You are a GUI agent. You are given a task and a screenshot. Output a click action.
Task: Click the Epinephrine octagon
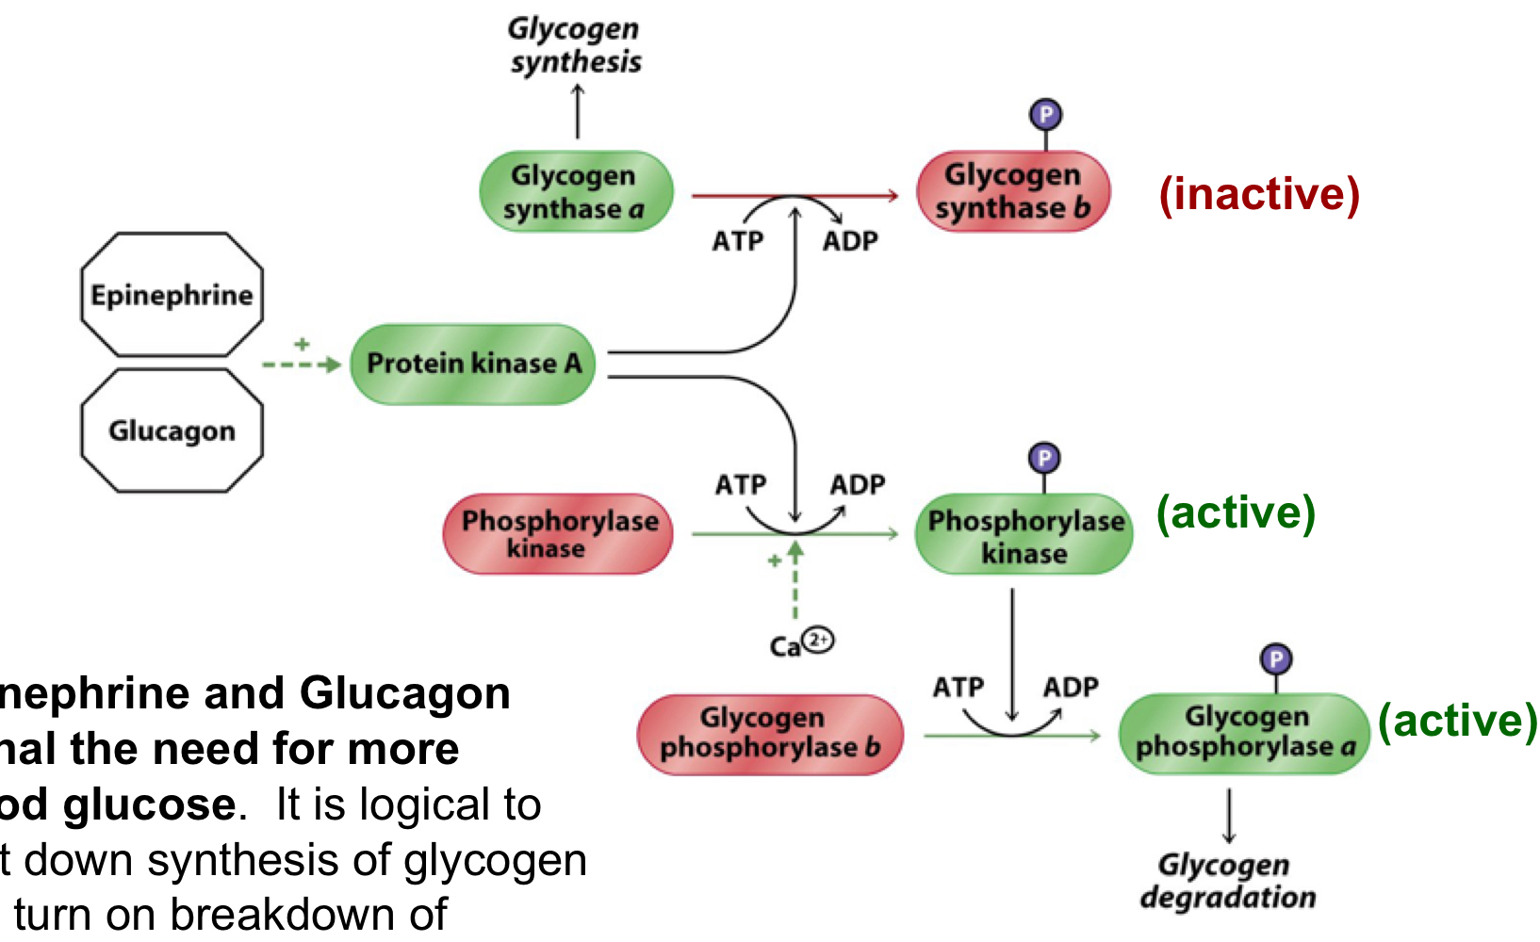coord(172,295)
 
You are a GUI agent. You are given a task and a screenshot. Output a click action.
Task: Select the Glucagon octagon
coord(172,430)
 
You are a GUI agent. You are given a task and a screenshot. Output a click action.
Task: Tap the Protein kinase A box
coord(473,364)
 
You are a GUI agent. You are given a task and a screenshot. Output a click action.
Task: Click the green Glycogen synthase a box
coord(576,191)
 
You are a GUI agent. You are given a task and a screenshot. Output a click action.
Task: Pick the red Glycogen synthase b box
coord(1013,191)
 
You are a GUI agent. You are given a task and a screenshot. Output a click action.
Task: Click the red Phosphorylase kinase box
coord(558,534)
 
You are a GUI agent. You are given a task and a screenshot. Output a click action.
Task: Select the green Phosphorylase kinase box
coord(1024,535)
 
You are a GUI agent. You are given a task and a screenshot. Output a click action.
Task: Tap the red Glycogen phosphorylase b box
coord(770,734)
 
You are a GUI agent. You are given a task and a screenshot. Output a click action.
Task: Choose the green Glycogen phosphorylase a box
coord(1244,733)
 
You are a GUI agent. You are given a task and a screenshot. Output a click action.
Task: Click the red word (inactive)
coord(1259,194)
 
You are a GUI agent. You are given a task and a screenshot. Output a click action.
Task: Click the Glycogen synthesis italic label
coord(575,45)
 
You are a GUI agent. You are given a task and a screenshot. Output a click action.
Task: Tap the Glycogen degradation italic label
coord(1227,881)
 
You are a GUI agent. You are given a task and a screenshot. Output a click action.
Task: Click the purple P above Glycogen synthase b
coord(1045,115)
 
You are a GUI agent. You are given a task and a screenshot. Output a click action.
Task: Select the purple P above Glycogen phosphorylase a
coord(1275,658)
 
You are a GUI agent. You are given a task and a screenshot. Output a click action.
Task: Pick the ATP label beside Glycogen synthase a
coord(737,241)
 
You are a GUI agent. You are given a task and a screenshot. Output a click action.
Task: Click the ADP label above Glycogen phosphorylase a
coord(1071,687)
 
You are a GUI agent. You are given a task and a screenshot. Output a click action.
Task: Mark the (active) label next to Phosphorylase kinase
coord(1236,513)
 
